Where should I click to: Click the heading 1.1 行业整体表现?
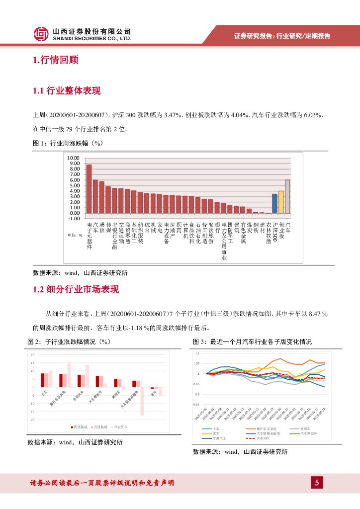click(x=66, y=90)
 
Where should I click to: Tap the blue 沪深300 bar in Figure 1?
click(x=274, y=203)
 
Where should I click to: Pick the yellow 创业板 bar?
click(x=281, y=202)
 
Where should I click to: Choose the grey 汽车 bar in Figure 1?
click(x=287, y=196)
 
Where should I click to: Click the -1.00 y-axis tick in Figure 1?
click(x=74, y=218)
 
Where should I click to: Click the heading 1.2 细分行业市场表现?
click(x=76, y=289)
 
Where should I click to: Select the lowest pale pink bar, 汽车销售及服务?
click(x=142, y=401)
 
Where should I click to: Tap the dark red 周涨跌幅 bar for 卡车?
click(x=43, y=380)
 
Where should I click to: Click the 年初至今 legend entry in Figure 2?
click(x=120, y=426)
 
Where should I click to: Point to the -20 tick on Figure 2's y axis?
click(x=33, y=420)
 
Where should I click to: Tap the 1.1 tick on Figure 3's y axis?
click(x=196, y=353)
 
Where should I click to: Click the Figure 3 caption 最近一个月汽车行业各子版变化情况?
click(x=261, y=342)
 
